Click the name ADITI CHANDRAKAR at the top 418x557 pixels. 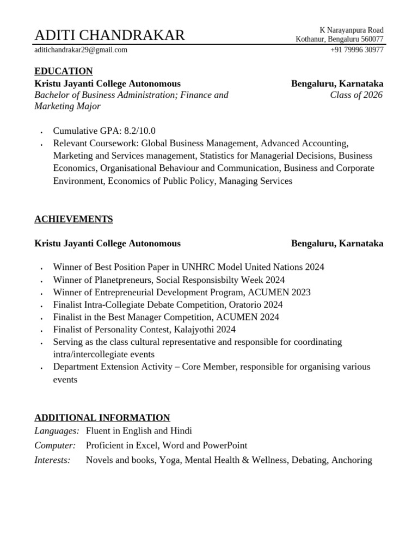[109, 35]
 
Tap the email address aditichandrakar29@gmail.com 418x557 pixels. [81, 50]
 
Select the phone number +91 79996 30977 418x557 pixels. [356, 50]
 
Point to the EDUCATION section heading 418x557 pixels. [64, 71]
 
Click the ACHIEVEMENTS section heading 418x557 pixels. [73, 219]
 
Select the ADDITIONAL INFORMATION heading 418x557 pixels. [102, 418]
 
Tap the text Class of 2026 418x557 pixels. [356, 95]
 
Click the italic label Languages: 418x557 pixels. [57, 431]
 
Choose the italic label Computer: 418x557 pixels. [55, 445]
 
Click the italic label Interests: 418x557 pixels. [53, 460]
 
